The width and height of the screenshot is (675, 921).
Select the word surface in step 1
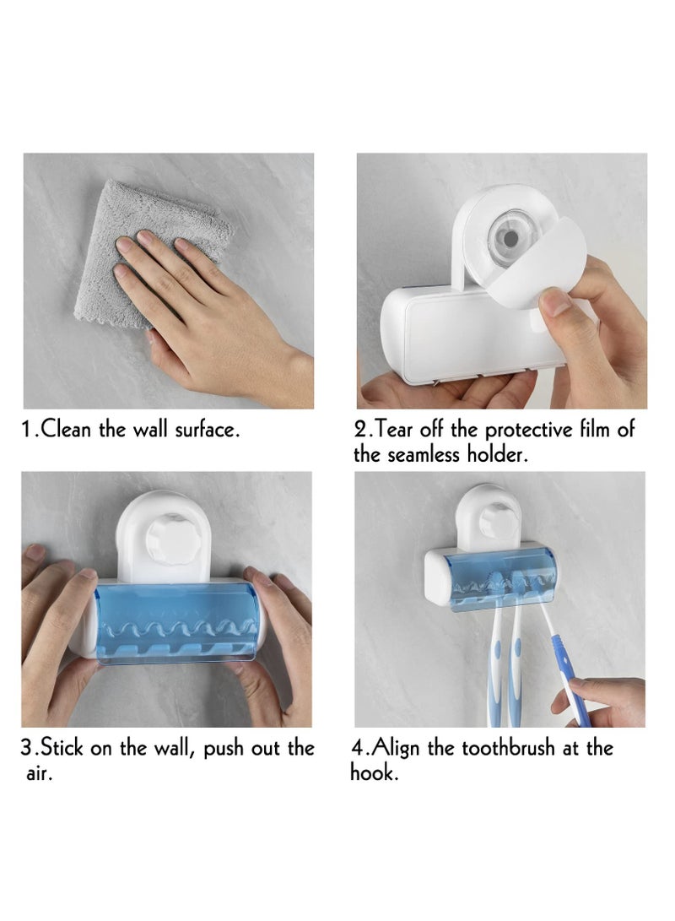point(207,430)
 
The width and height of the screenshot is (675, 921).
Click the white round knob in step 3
point(170,535)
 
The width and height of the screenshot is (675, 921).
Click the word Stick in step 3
point(63,749)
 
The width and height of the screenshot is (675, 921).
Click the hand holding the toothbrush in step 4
point(603,701)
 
